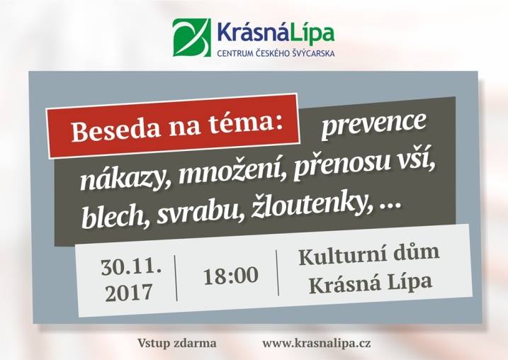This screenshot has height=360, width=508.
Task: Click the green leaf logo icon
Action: (191, 38)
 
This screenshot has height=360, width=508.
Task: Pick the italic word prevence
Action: (373, 125)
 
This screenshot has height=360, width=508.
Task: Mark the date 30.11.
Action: (131, 267)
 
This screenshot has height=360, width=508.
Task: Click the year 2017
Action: (129, 292)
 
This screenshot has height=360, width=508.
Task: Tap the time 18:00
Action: (231, 276)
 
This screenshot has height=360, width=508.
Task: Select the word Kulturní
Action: (342, 255)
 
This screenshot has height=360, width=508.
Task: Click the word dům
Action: (417, 252)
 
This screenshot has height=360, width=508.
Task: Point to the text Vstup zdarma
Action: (177, 343)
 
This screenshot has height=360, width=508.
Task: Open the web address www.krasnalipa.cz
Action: (317, 344)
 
